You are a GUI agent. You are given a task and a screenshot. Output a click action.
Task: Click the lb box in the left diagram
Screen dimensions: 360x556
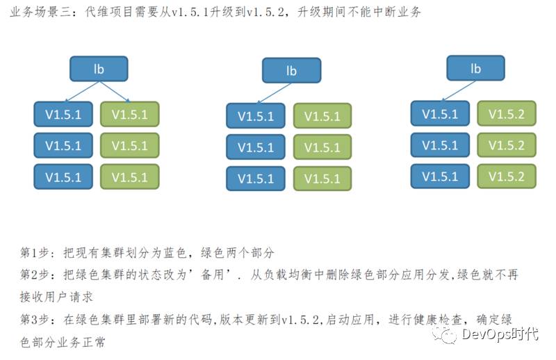tap(99, 69)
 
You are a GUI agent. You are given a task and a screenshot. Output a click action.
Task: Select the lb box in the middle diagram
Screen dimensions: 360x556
tap(291, 71)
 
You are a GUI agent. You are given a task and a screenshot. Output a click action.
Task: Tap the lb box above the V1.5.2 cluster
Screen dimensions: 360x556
tap(475, 68)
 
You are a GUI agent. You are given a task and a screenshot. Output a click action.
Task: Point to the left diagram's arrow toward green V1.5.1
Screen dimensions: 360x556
tap(115, 91)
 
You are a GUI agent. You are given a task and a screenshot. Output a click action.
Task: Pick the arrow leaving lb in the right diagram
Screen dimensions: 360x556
tap(459, 90)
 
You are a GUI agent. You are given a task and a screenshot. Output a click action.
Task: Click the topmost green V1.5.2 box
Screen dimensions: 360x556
tap(506, 114)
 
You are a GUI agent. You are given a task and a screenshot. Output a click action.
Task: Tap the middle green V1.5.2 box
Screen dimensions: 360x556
tap(506, 145)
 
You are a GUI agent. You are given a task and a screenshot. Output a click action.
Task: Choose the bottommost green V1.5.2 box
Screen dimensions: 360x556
tap(506, 176)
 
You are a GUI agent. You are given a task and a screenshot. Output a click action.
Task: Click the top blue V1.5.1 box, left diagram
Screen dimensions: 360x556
tap(63, 115)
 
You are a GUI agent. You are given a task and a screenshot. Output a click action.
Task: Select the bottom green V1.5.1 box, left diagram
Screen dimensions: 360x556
tap(129, 177)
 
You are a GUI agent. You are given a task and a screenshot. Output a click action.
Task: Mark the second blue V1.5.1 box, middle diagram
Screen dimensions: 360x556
tap(256, 147)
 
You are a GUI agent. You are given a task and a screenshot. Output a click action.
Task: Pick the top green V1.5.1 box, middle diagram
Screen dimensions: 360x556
tap(322, 116)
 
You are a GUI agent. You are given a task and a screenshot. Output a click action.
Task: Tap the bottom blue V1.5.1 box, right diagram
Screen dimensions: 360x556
tap(440, 176)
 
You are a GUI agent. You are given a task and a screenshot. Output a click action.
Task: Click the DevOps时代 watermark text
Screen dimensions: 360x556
tap(499, 335)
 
